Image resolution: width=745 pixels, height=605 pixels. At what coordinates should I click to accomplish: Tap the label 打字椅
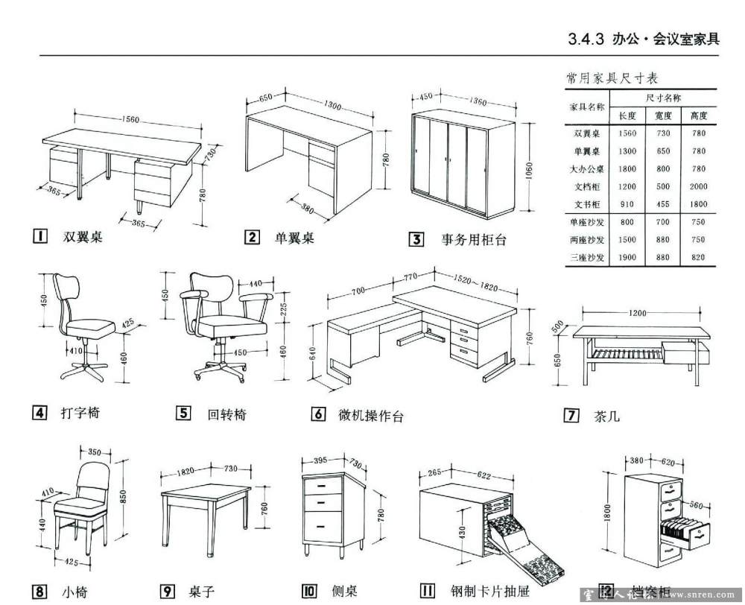(x=80, y=413)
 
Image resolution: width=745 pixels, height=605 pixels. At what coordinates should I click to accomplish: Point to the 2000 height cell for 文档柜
(x=698, y=187)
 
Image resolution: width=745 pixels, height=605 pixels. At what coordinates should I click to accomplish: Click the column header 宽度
(x=663, y=116)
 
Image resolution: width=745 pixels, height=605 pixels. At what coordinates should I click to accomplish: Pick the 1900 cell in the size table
(x=627, y=258)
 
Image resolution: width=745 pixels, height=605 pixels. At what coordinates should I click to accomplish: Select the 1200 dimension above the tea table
(x=637, y=313)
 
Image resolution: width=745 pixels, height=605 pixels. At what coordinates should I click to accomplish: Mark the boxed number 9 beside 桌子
(x=168, y=592)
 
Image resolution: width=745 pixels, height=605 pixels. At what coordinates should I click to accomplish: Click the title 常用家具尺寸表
(x=607, y=77)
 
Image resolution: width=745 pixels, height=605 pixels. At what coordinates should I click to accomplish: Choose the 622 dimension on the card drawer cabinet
(x=484, y=475)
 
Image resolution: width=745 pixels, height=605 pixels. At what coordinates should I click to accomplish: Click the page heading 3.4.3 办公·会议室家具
(x=644, y=39)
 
